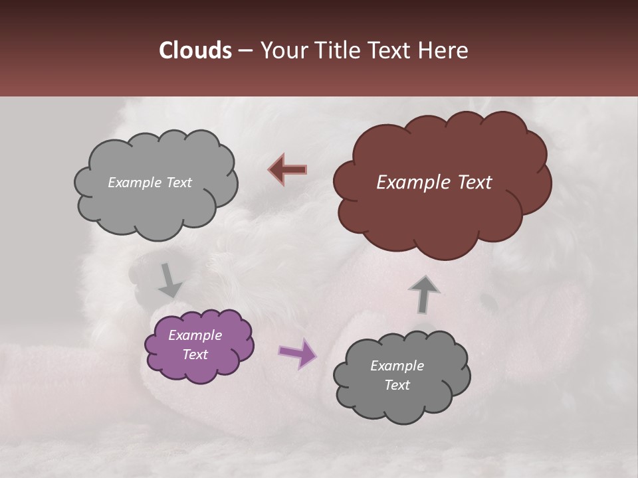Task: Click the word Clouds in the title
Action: pos(195,50)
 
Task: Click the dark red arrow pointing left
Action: pos(288,170)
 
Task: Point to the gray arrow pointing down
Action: pos(169,280)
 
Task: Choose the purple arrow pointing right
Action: pos(298,353)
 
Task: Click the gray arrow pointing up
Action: pos(423,293)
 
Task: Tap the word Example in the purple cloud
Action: pos(195,335)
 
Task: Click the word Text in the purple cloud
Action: pos(195,355)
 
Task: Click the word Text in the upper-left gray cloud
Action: pos(177,183)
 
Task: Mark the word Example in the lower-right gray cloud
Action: pos(397,366)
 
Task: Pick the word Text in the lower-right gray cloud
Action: pos(397,385)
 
